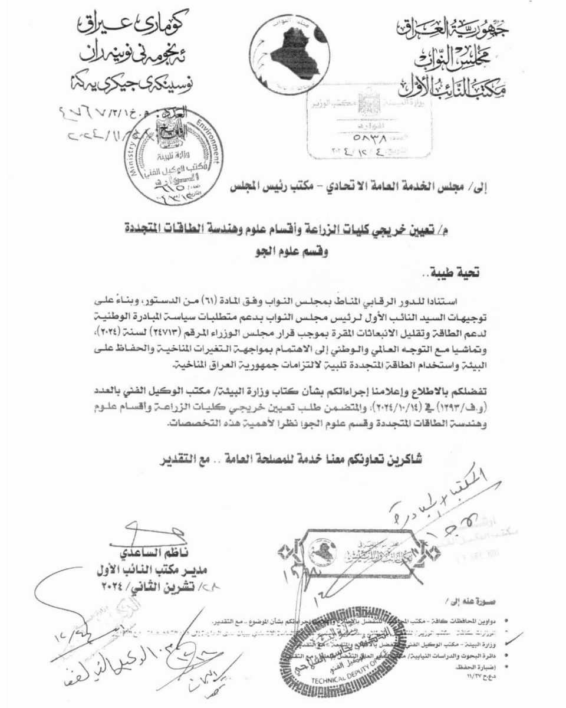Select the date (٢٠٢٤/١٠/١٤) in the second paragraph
point(389,408)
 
